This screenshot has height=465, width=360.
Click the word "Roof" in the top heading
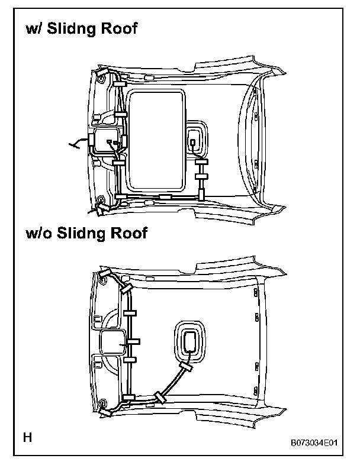pos(120,30)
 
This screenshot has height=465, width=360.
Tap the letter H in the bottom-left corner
pos(27,438)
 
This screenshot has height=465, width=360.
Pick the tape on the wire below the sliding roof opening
pos(165,196)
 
